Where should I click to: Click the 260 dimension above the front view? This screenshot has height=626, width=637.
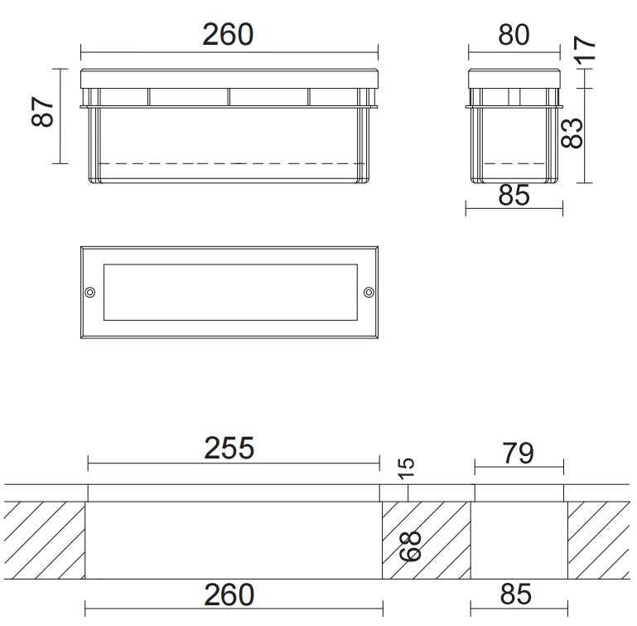tap(228, 35)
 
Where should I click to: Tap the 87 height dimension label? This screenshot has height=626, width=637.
tap(42, 112)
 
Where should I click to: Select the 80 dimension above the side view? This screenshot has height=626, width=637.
tap(514, 35)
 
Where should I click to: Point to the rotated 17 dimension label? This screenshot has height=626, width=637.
tap(584, 50)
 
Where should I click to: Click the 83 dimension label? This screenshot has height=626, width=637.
tap(572, 133)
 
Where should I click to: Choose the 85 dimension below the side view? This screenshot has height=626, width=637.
tap(514, 195)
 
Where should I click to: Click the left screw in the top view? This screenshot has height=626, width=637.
tap(90, 292)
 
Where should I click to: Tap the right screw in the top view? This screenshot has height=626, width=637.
tap(369, 292)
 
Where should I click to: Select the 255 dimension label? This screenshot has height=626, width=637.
tap(229, 449)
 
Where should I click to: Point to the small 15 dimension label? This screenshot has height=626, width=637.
tap(406, 468)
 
